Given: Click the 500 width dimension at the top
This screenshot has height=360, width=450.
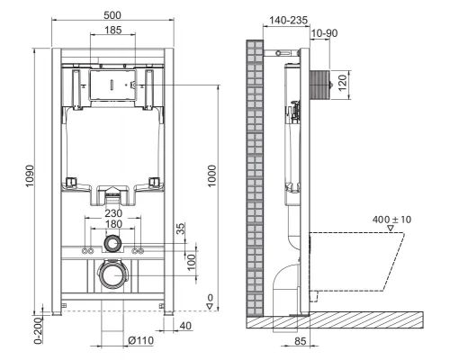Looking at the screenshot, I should pos(112,15).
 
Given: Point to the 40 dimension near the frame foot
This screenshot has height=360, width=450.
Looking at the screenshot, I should pos(184,324).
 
